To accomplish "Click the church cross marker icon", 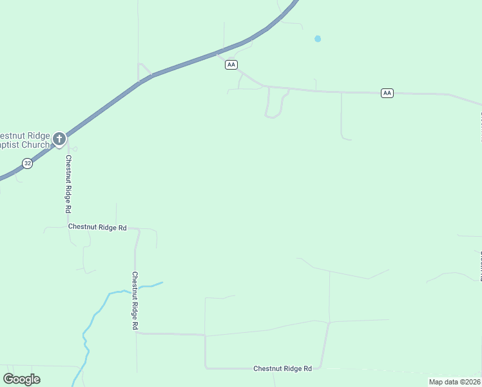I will pos(59,139).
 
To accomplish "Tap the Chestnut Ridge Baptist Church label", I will pos(24,140).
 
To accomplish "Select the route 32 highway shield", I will pos(27,164).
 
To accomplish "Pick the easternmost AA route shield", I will pos(387,93).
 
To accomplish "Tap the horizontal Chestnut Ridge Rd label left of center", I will pos(97,227).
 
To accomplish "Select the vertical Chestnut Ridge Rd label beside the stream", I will pos(135,301).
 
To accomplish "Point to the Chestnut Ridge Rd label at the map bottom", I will pos(282,368).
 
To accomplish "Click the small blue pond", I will pos(318,39).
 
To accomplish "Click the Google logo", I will pos(21,379).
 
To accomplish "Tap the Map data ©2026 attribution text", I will pos(454,382).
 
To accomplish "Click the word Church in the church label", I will pos(35,145).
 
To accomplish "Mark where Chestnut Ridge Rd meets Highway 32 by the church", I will pos(66,137).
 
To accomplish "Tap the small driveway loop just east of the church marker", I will pos(75,149).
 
